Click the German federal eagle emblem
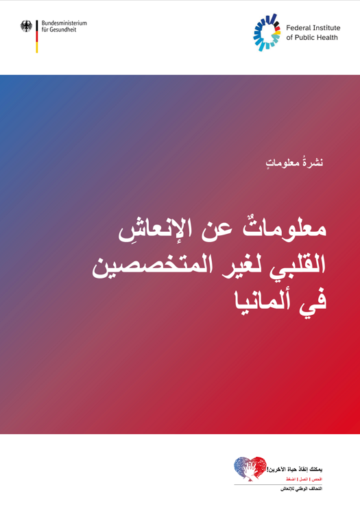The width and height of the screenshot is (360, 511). tap(27, 26)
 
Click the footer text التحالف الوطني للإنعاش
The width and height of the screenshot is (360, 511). tap(304, 488)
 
